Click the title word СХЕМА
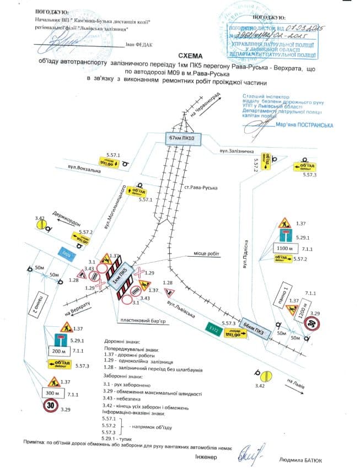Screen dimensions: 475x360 coord(190,56)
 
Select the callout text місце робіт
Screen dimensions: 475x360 coord(206,254)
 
